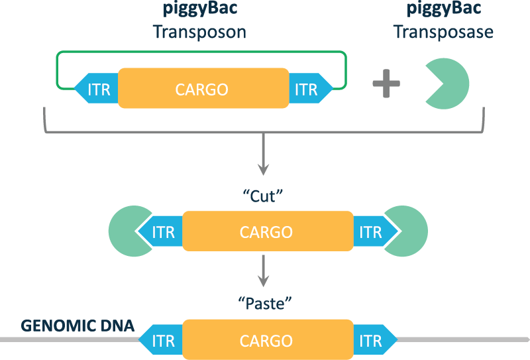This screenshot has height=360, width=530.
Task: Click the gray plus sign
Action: coord(386,86)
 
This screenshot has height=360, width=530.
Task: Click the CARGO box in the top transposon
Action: coord(202,88)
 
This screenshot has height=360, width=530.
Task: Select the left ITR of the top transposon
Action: coord(97,89)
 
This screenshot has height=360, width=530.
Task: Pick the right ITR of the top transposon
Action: coord(308,89)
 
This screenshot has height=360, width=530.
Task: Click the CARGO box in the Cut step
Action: coord(266,231)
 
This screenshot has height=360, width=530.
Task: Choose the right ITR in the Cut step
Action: coord(372,232)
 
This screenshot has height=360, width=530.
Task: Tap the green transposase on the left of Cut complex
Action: coord(125,231)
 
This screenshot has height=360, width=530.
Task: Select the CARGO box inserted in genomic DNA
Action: coord(266,341)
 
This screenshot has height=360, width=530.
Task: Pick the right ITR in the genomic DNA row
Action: coord(372,341)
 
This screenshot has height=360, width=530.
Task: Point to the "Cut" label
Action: coord(264,196)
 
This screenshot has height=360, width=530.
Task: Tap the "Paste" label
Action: coord(264,304)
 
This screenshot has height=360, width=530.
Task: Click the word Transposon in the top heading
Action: coord(199,31)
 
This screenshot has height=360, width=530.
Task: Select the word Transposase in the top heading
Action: coord(443,31)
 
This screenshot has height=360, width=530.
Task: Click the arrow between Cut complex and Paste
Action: coord(264,271)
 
